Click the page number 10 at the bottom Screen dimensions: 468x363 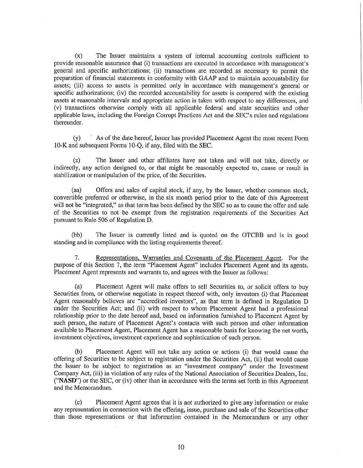[x=181, y=447]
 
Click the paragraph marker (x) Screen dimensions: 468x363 [x=79, y=56]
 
